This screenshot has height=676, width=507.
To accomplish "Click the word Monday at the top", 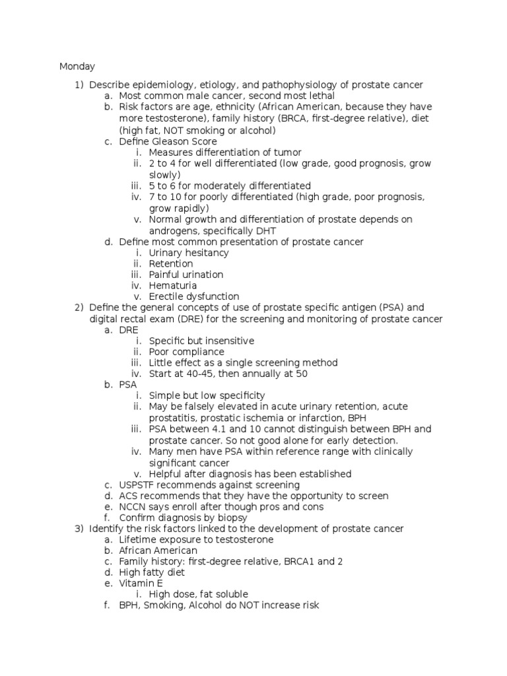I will [77, 67].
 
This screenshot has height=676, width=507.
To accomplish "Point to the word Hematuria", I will [173, 286].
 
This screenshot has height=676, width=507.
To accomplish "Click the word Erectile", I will [167, 296].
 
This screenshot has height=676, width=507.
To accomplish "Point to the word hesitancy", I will [207, 252].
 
